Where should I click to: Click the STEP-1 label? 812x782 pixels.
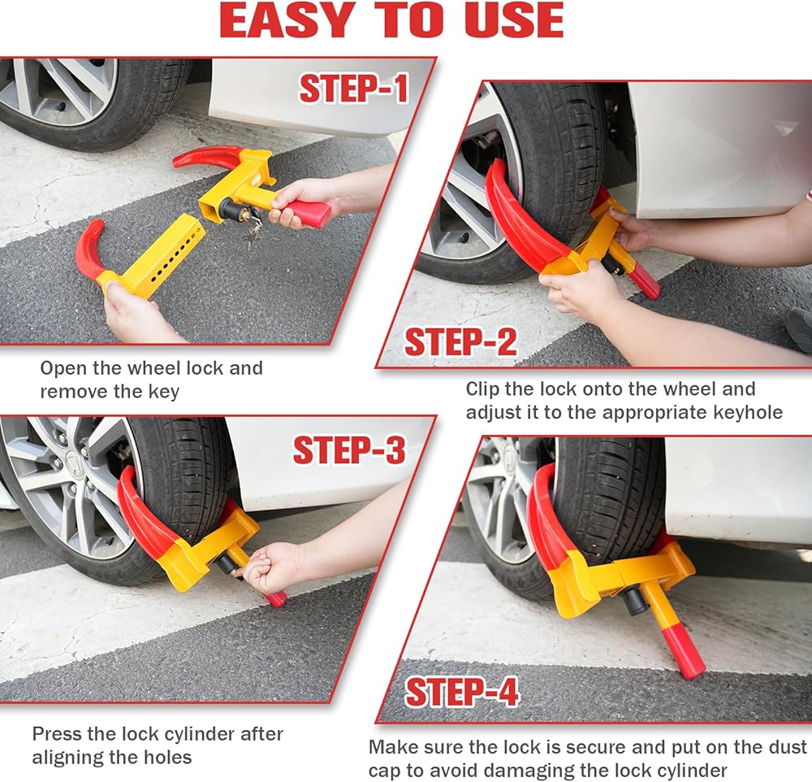(354, 88)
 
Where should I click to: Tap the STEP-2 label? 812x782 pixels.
(461, 341)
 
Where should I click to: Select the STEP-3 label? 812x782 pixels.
(349, 450)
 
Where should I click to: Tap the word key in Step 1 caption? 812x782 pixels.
(164, 392)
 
